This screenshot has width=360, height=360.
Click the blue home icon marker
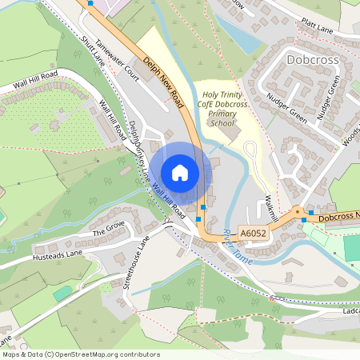(x=180, y=173)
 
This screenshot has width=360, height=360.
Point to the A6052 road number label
(x=253, y=234)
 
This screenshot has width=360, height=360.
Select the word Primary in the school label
(x=222, y=114)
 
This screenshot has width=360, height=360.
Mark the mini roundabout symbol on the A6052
(x=297, y=214)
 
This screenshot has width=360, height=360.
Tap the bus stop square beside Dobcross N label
(x=311, y=213)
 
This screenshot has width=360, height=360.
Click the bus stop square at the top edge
(x=90, y=3)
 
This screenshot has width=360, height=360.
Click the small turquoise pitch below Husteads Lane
(x=62, y=293)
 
